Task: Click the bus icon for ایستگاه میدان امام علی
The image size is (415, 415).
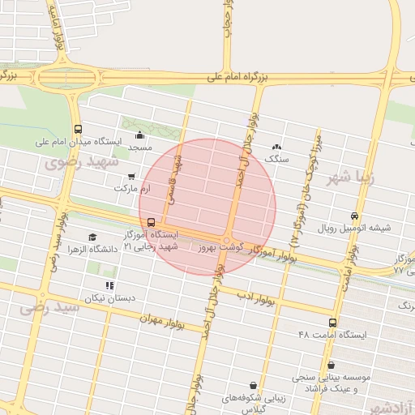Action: [x=78, y=130]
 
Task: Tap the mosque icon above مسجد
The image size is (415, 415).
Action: [x=139, y=135]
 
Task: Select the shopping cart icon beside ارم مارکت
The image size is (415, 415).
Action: [x=131, y=176]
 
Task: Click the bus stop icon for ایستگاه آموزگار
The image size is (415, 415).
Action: [x=151, y=222]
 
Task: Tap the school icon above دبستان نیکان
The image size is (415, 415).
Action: [x=109, y=285]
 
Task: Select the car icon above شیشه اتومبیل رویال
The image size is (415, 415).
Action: [x=355, y=216]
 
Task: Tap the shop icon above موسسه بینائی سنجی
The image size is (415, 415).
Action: [x=331, y=366]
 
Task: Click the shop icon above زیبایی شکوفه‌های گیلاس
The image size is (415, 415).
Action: [x=255, y=385]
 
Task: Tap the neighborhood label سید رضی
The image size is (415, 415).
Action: [x=50, y=307]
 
